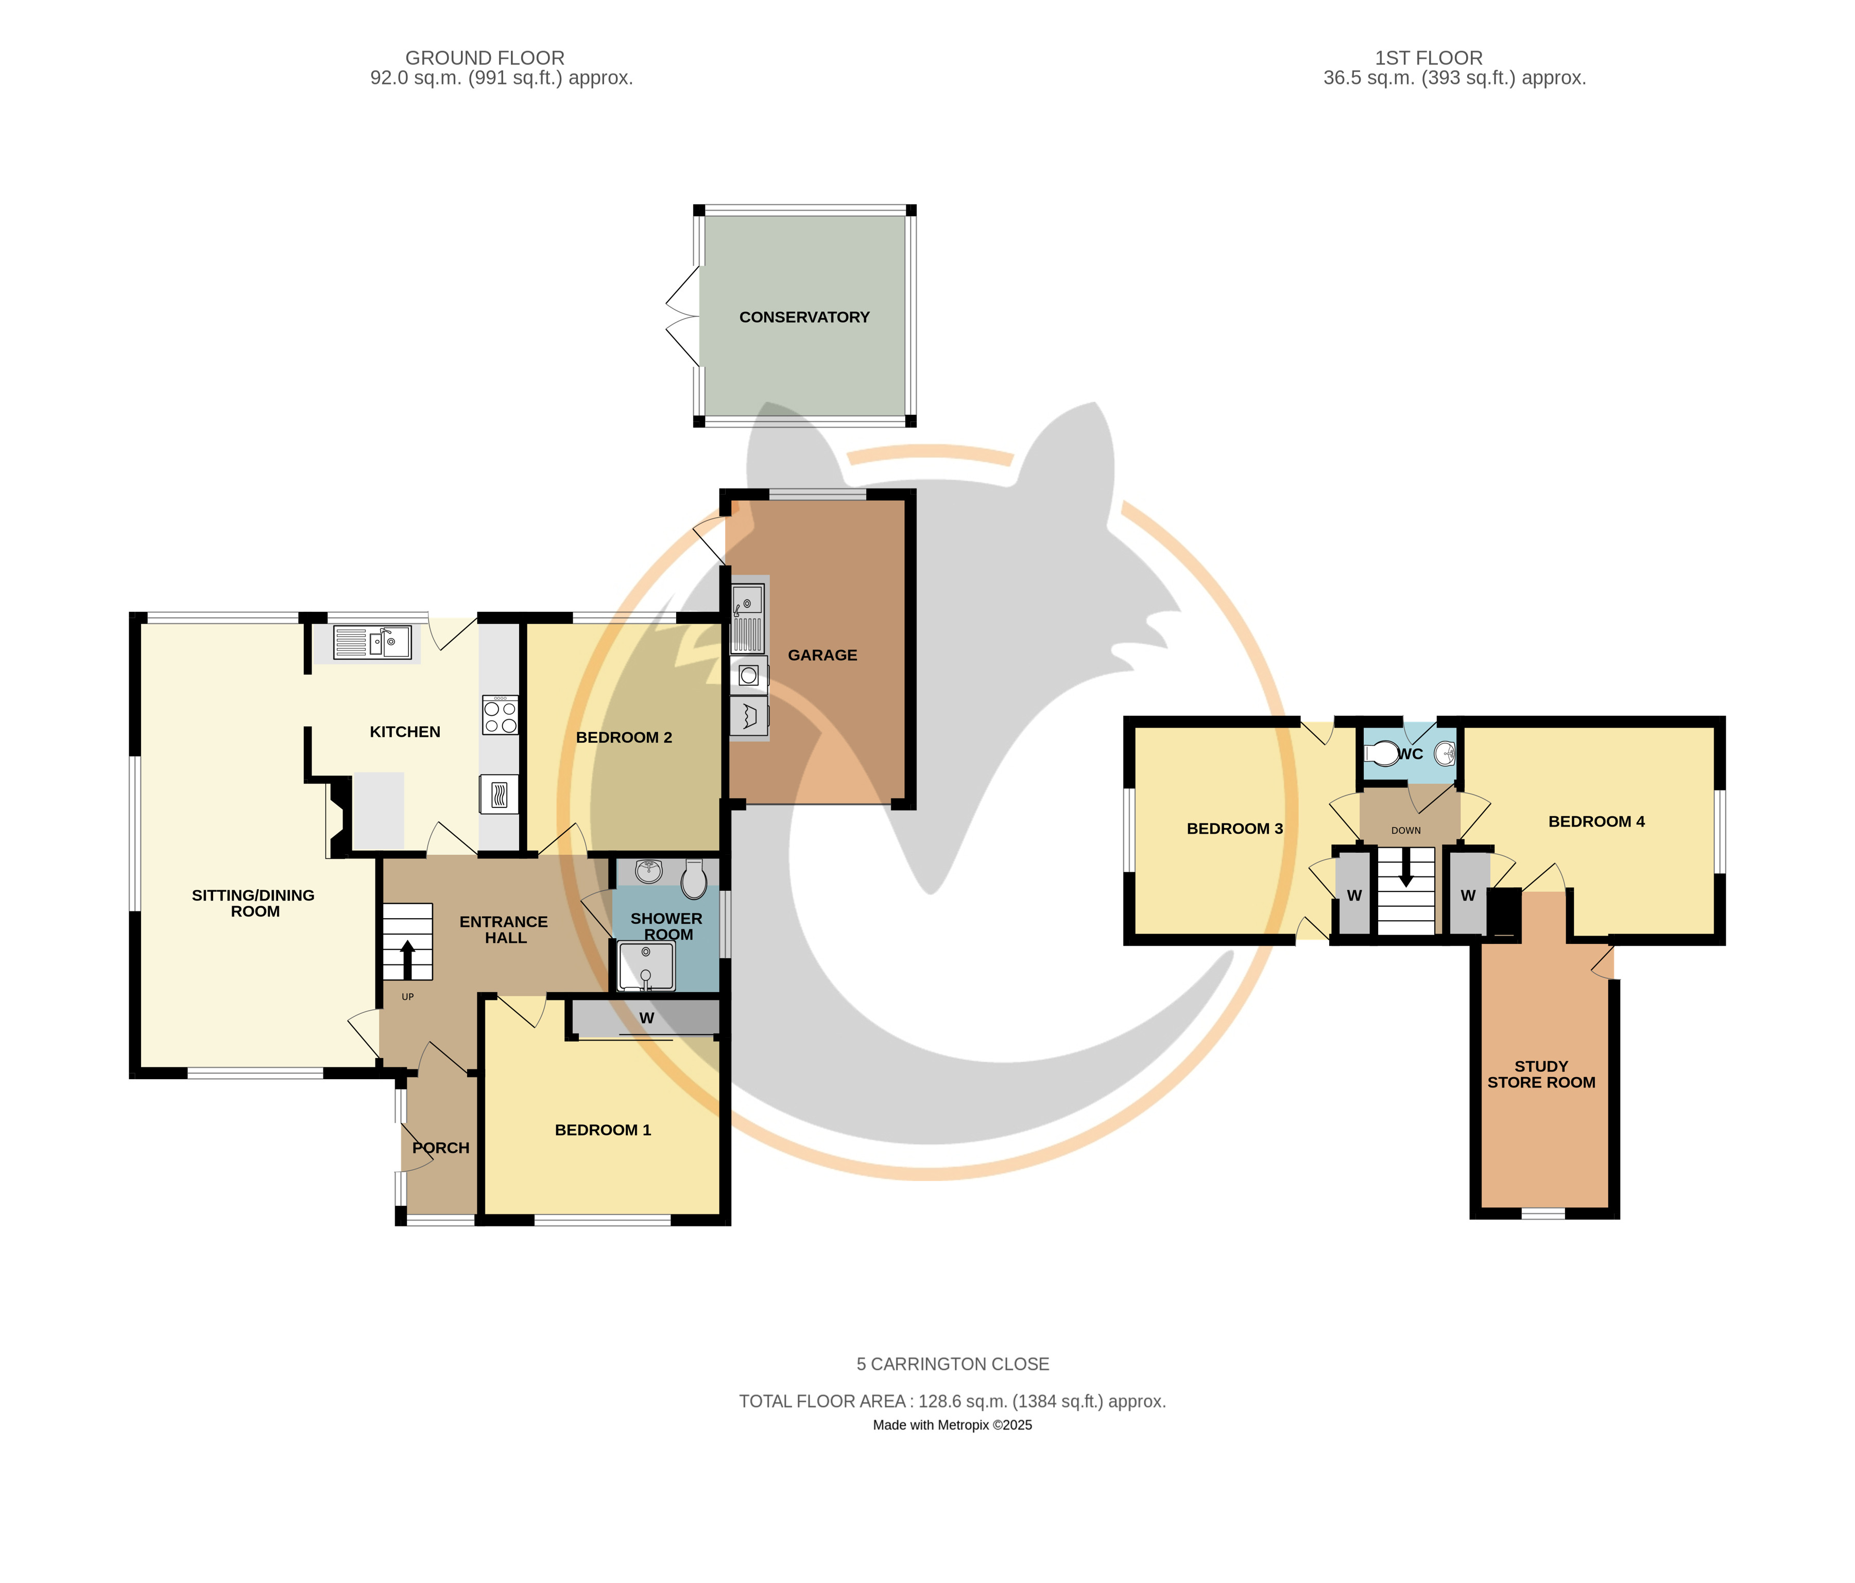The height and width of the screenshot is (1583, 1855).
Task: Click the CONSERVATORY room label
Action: (804, 317)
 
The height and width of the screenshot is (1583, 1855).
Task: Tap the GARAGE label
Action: (822, 655)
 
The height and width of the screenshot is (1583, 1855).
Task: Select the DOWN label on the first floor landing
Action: (1405, 831)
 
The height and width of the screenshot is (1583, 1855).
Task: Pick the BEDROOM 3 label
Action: (1234, 829)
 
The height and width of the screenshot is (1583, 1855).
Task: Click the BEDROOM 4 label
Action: (1596, 821)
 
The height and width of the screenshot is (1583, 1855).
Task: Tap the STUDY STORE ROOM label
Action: (1541, 1074)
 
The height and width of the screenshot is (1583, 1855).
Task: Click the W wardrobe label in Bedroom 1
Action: (646, 1018)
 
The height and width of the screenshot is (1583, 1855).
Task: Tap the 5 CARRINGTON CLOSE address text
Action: (953, 1364)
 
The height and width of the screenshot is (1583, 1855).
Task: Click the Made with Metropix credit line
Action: (953, 1424)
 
